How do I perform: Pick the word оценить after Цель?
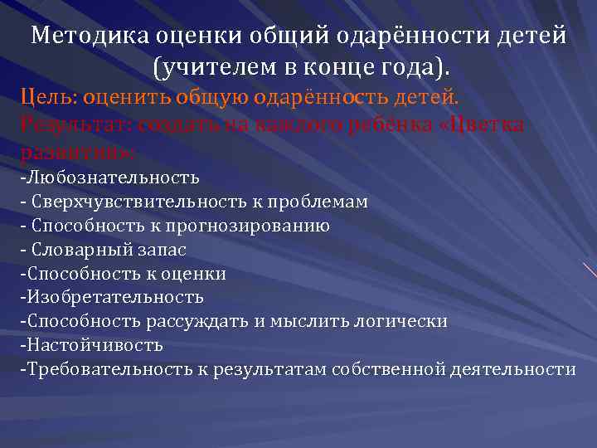pos(112,100)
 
